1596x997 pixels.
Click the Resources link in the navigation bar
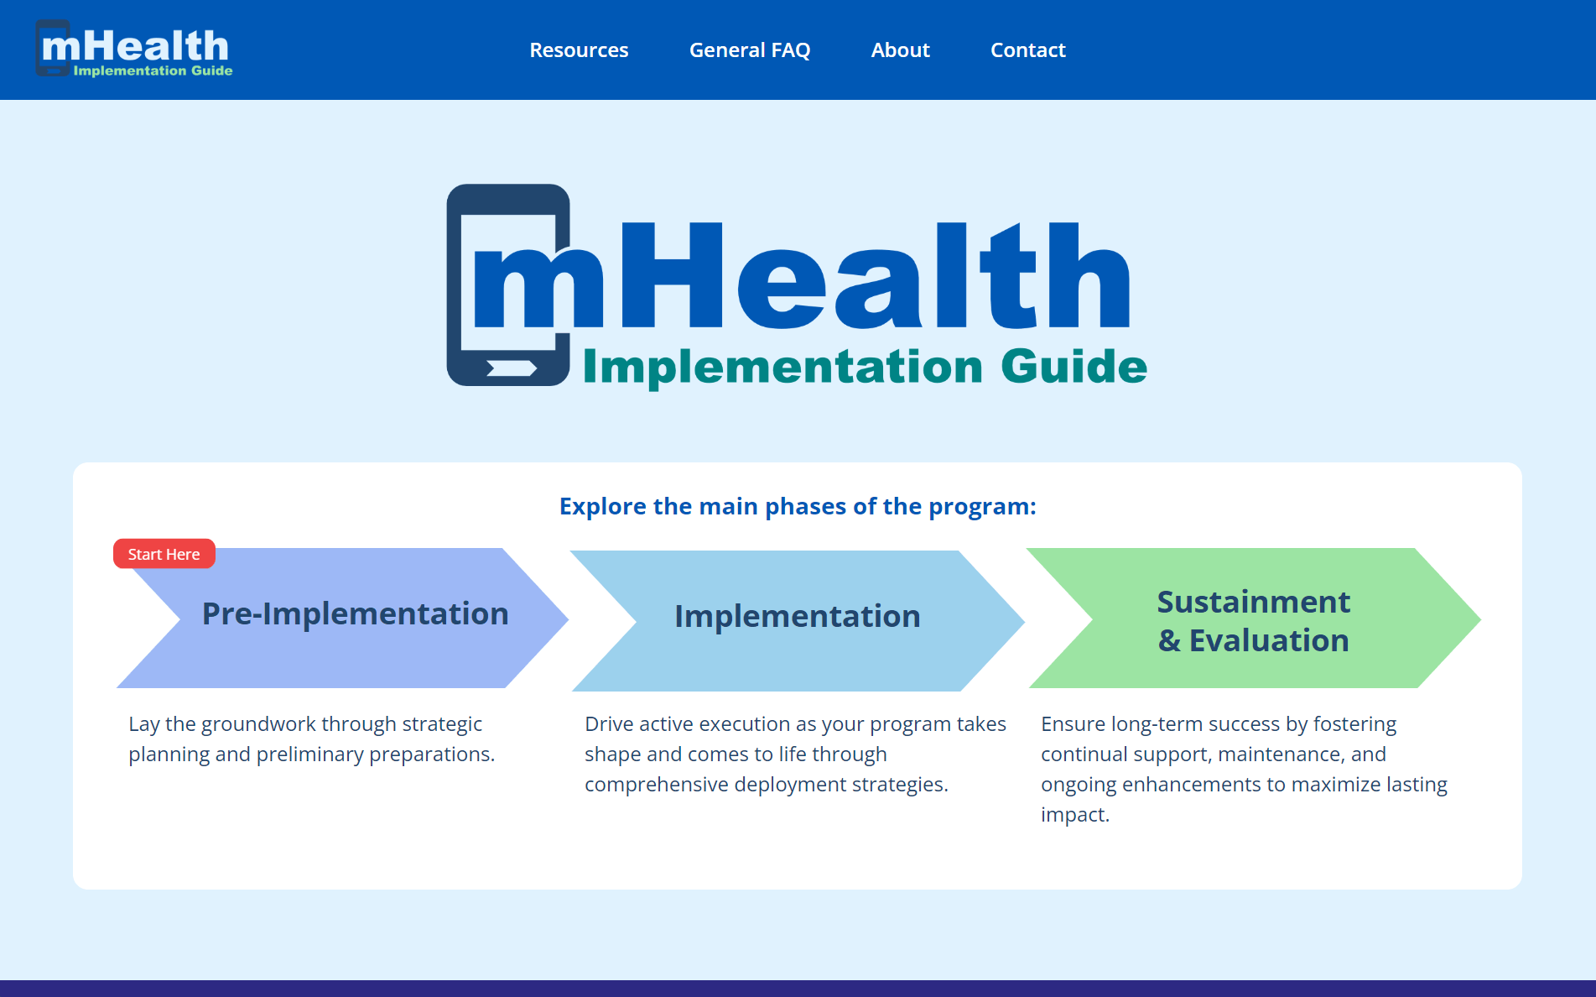point(579,50)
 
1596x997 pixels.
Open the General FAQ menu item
point(750,50)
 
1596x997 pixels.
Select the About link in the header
point(900,50)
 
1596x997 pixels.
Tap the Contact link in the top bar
point(1027,50)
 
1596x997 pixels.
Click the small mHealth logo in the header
point(134,49)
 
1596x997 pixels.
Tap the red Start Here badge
point(164,554)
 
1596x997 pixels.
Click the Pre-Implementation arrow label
point(355,613)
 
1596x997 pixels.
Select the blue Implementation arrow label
point(798,617)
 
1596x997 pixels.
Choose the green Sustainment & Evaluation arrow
point(1254,619)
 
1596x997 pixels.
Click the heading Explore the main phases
point(798,506)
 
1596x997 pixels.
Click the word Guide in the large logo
point(1074,366)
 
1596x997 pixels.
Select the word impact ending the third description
point(1074,815)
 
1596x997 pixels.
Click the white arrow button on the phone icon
point(512,368)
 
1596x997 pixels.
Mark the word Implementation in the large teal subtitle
point(782,368)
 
